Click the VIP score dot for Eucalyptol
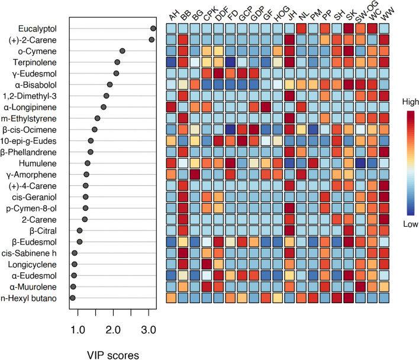(x=153, y=28)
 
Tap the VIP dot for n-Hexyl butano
(x=73, y=298)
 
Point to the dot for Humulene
(x=88, y=163)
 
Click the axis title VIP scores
(x=112, y=355)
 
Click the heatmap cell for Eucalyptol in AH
(x=171, y=28)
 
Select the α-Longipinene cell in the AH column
(x=171, y=107)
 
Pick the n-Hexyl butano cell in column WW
(x=384, y=298)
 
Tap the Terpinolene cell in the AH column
(x=171, y=62)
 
